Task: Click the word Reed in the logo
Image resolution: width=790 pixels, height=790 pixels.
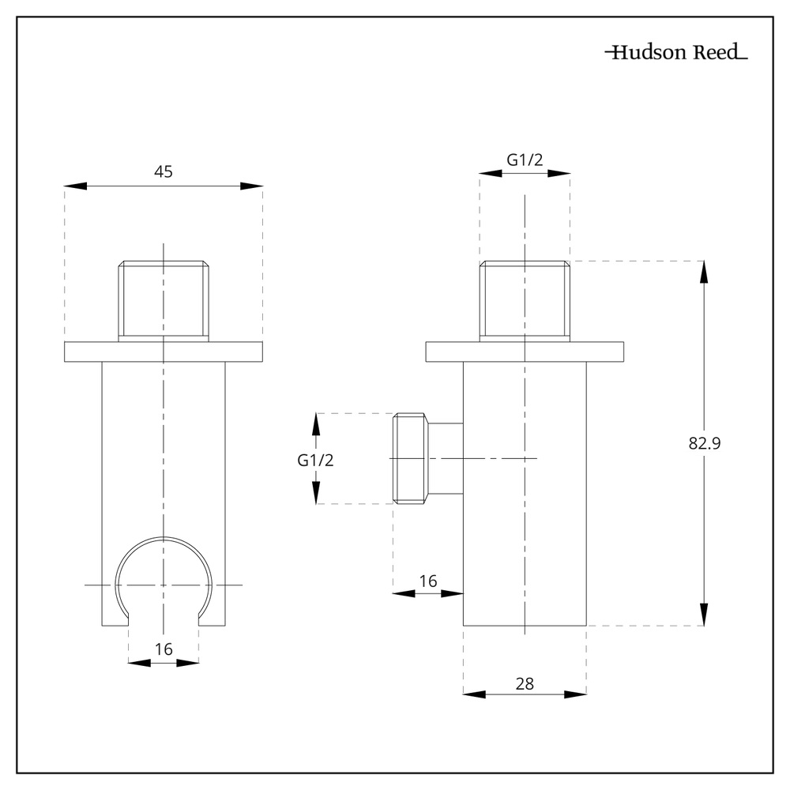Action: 715,53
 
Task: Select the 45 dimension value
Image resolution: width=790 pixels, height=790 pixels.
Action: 164,171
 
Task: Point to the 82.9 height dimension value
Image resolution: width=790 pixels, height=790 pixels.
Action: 705,443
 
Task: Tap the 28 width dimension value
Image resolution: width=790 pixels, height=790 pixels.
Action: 525,683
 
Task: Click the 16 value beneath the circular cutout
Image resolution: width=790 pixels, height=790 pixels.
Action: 164,649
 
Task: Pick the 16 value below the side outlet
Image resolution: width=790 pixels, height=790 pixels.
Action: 427,581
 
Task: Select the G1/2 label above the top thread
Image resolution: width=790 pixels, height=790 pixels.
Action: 525,160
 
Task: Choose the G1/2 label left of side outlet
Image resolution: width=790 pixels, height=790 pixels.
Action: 316,461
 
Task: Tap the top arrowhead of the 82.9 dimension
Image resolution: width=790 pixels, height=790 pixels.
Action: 705,272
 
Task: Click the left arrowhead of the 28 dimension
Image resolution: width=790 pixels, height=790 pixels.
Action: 473,694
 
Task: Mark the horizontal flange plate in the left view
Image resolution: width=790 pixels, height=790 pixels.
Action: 164,351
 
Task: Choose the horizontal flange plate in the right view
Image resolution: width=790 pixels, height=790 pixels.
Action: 525,351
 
